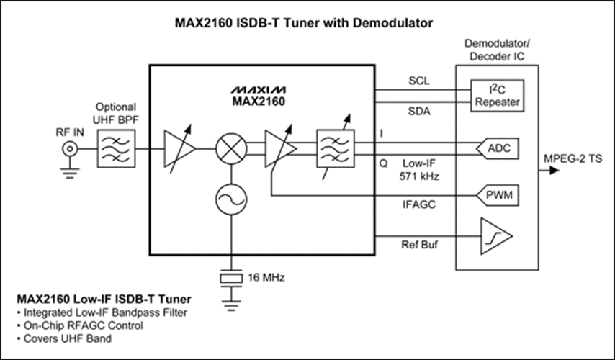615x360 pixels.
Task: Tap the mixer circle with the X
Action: (x=230, y=149)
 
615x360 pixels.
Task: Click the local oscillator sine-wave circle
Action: (x=230, y=197)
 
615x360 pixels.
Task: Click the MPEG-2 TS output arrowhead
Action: (x=554, y=171)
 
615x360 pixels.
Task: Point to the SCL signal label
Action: (x=418, y=81)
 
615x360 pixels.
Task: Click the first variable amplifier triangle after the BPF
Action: (x=179, y=149)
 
